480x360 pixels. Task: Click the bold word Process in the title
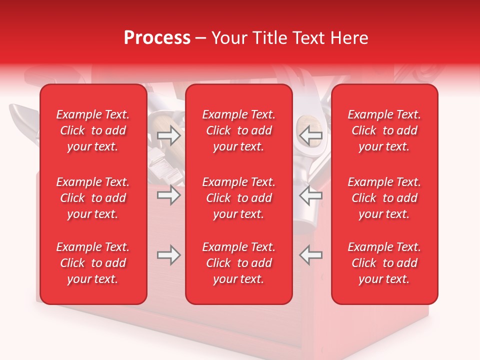coord(157,38)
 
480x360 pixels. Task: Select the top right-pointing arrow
coord(168,134)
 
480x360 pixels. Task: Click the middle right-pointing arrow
coord(168,195)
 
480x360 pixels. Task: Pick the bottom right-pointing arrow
coord(168,255)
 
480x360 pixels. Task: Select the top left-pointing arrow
coord(311,134)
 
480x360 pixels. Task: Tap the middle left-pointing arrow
coord(311,195)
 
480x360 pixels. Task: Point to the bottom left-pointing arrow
coord(311,255)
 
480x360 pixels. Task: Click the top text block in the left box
coord(93,130)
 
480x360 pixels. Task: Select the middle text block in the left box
coord(93,198)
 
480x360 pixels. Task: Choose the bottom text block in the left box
coord(93,263)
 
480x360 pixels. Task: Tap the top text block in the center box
coord(238,130)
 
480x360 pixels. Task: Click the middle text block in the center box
coord(238,198)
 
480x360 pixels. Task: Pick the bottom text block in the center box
coord(238,263)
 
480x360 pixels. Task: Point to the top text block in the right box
coord(384,130)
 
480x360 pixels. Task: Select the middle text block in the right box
coord(384,198)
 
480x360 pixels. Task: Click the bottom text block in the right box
coord(384,263)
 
